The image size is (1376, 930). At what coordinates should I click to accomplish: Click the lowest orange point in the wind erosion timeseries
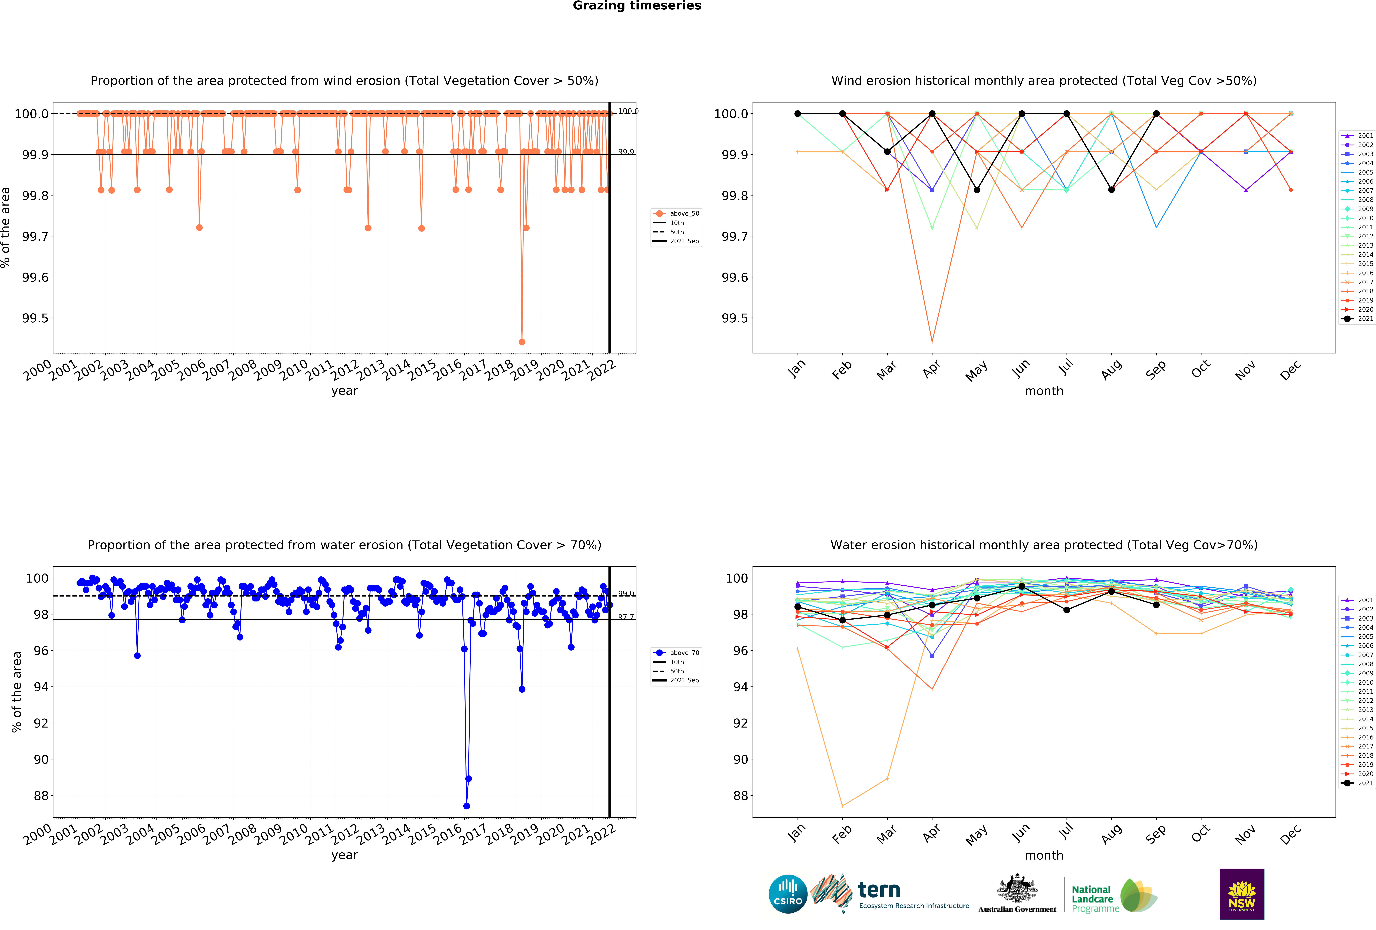[522, 342]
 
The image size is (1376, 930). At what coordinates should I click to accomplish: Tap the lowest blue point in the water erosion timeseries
[467, 806]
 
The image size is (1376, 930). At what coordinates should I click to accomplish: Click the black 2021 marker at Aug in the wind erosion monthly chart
[1111, 189]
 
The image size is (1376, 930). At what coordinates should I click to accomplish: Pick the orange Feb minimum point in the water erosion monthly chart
[843, 806]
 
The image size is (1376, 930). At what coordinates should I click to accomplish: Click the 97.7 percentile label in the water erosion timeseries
[626, 617]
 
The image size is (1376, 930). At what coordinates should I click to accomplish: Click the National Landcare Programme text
[1095, 899]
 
